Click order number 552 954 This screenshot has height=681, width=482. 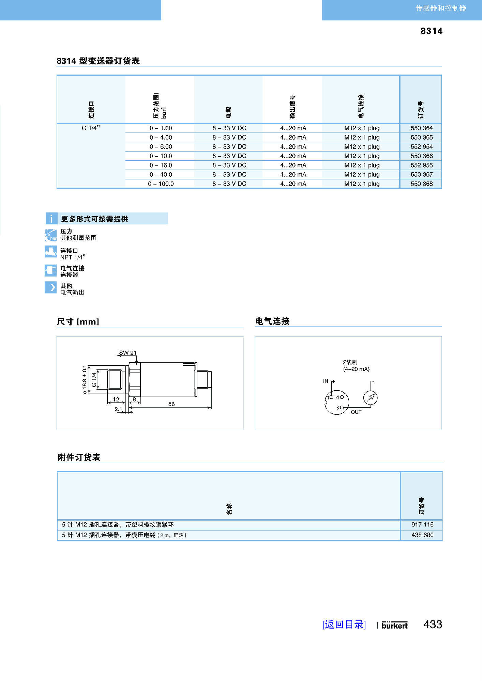point(421,147)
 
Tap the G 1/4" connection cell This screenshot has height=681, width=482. point(91,128)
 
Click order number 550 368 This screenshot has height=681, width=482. point(421,184)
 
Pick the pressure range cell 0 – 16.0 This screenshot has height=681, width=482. point(161,165)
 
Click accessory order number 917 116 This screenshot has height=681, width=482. point(422,525)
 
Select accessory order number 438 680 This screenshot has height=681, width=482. point(422,535)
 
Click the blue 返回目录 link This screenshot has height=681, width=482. point(344,624)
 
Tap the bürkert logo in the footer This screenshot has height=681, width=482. point(394,625)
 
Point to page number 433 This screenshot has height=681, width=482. point(433,624)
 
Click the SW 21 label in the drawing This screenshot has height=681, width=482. point(128,353)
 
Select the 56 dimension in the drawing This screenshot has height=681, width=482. point(171,404)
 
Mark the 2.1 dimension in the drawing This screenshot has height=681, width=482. point(118,409)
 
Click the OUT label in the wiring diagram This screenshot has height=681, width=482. point(356,412)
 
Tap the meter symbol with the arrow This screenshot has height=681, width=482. point(370,398)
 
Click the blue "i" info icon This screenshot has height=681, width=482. point(51,219)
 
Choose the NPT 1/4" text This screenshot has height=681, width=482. point(73,257)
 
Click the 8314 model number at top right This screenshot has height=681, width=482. point(431,31)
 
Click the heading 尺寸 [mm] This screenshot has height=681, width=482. point(78,321)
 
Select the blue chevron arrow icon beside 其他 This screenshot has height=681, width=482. point(51,287)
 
